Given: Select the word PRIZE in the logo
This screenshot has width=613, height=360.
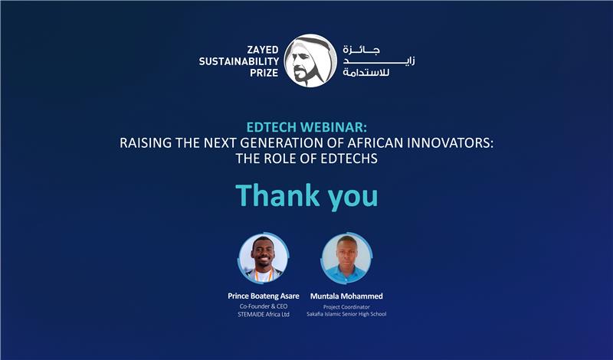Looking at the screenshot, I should tap(262, 74).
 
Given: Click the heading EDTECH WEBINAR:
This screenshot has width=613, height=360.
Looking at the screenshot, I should tap(306, 126).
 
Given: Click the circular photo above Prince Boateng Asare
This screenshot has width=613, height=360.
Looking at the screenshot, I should tap(264, 258).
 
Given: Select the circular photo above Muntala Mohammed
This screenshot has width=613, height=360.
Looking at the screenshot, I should tap(347, 258).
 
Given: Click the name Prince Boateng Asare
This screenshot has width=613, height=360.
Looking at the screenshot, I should tap(264, 296).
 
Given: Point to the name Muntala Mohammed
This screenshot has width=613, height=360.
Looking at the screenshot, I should tap(347, 296).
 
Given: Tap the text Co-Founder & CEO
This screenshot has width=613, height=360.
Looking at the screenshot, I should tap(264, 306).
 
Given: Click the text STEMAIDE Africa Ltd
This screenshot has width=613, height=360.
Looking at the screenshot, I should tap(264, 315).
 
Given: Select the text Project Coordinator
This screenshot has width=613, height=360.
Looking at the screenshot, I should tap(347, 306).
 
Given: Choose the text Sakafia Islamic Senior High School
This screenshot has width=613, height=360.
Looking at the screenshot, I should tap(347, 315).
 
